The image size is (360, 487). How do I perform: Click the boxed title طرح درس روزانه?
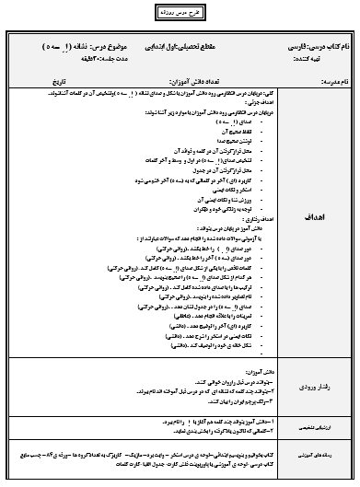tap(180, 16)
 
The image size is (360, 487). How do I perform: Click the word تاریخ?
tap(51, 82)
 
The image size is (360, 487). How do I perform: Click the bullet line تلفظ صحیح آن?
tap(238, 128)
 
